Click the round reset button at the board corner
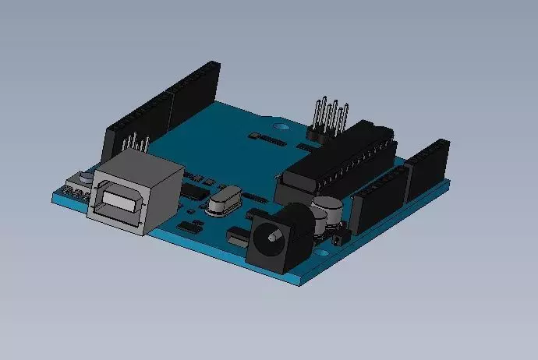81,178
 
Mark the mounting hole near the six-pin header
281,125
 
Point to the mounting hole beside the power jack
320,252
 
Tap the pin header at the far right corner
427,168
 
